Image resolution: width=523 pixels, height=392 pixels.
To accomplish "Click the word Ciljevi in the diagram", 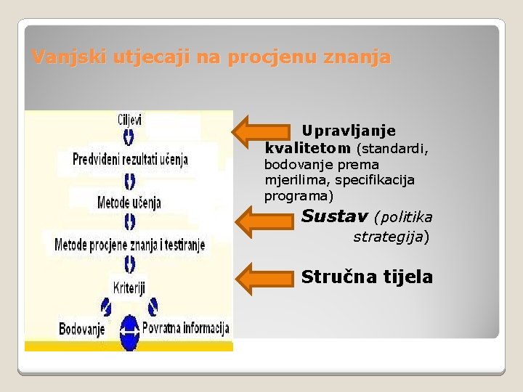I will [x=130, y=119].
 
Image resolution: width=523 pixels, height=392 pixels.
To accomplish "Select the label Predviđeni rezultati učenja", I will [x=130, y=159].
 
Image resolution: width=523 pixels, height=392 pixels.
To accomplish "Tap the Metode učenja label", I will [x=129, y=201].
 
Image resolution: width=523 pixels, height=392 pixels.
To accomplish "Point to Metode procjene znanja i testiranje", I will [x=130, y=245].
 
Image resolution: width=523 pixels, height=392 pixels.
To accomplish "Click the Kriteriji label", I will [x=129, y=286].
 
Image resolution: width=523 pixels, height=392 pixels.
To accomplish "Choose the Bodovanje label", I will [x=81, y=329].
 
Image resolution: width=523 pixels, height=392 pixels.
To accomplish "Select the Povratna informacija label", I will [x=186, y=328].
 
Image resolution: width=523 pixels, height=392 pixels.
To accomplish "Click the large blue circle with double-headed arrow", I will [x=129, y=332].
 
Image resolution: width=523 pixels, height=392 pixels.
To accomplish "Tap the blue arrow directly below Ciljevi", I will [x=129, y=136].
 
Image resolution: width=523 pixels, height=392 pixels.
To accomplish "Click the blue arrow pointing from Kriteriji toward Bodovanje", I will [x=106, y=307].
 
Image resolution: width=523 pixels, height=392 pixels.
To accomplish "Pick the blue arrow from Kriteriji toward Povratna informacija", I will [x=153, y=307].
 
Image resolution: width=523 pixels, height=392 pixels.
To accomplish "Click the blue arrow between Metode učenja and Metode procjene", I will [x=129, y=221].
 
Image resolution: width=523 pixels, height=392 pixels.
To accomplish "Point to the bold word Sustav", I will [x=334, y=216].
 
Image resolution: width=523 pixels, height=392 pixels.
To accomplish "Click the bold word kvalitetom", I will [x=308, y=147].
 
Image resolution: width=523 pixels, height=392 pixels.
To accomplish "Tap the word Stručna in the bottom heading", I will [x=336, y=277].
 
